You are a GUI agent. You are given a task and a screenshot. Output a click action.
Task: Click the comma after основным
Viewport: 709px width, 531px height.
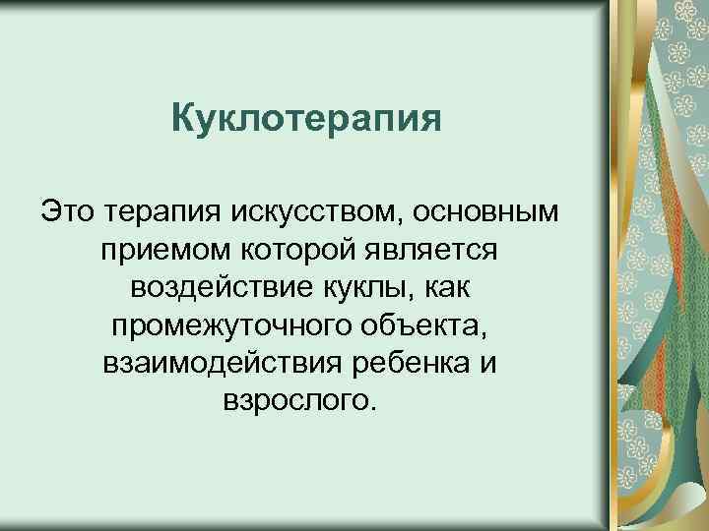558,219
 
